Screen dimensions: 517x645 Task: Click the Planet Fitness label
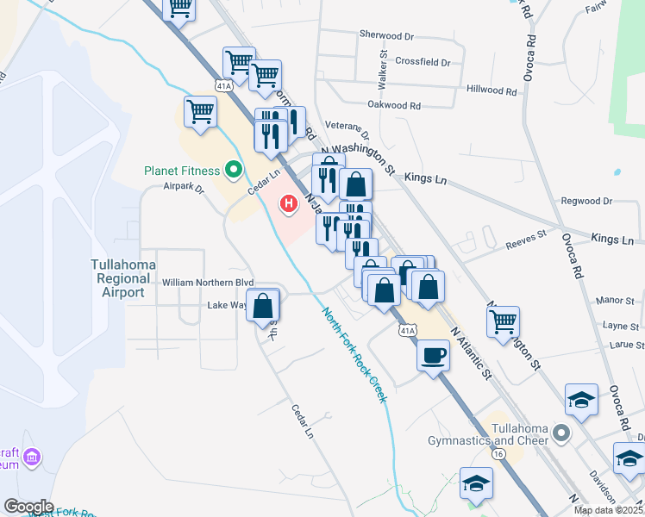coord(181,171)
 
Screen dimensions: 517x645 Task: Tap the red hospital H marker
coord(290,204)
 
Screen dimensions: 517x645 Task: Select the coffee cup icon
coord(433,354)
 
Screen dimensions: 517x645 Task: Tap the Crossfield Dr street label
coord(423,62)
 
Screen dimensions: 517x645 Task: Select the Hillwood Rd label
coord(491,90)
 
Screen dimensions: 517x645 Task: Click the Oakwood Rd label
coord(393,106)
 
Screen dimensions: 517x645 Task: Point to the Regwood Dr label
coord(586,201)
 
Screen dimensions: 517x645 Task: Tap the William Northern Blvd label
coord(208,282)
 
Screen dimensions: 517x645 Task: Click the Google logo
coord(29,507)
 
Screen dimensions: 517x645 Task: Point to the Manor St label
coord(615,301)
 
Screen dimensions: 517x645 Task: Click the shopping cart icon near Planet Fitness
coord(200,111)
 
